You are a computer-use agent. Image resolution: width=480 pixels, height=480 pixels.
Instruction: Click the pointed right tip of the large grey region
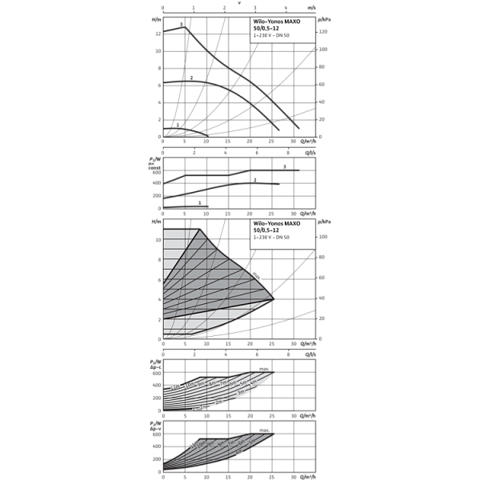[273, 298]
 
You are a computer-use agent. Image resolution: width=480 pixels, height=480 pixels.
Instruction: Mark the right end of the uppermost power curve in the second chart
[302, 170]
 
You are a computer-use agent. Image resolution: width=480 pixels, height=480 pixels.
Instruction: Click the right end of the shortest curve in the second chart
[206, 206]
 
